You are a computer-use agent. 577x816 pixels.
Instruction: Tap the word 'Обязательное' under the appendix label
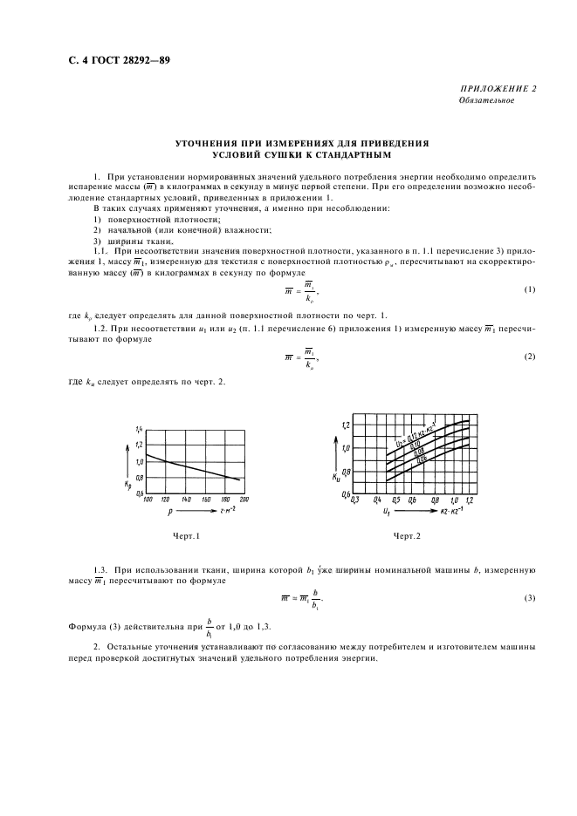click(x=486, y=100)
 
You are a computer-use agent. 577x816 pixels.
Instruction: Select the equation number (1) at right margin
click(x=529, y=289)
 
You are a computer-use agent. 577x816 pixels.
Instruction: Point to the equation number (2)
click(x=529, y=357)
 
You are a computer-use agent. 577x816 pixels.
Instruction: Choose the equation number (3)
click(x=529, y=597)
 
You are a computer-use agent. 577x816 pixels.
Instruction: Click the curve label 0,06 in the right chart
click(x=422, y=459)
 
